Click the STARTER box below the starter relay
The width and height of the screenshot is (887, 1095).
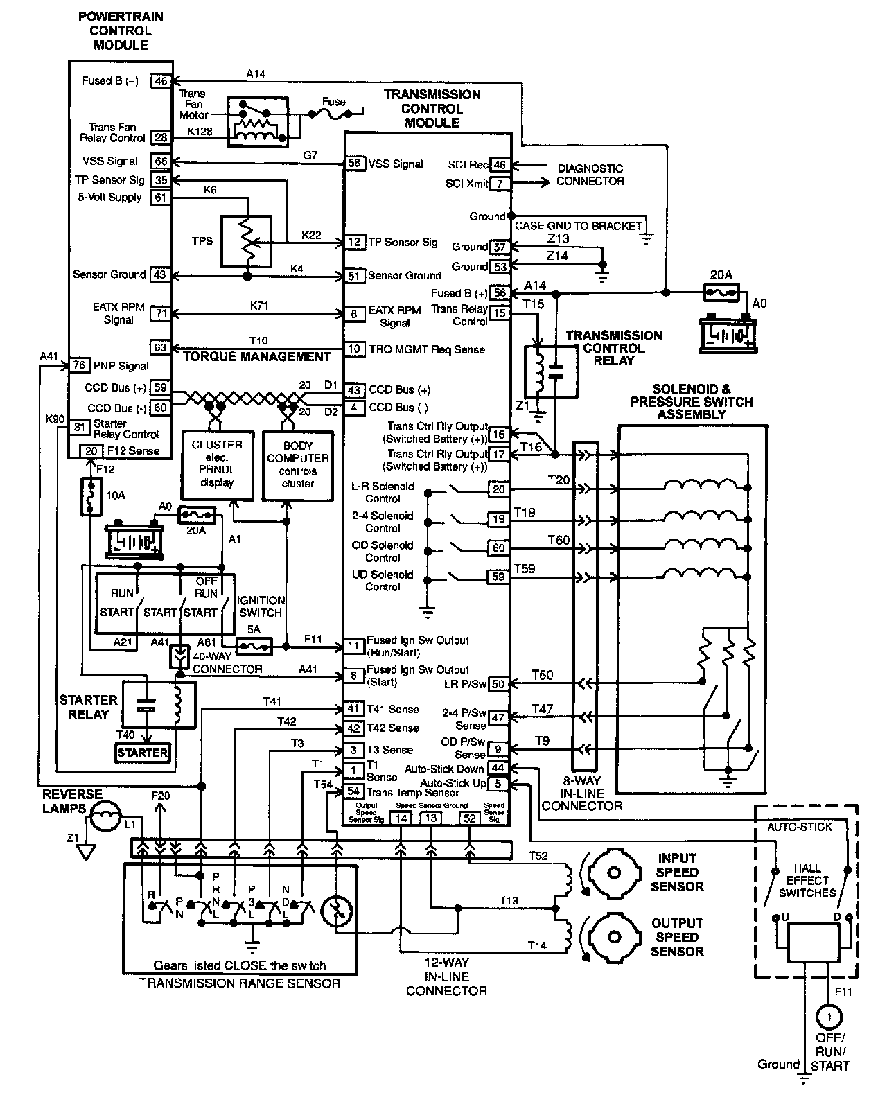pos(142,753)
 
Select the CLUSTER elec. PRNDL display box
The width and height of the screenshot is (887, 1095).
pos(216,464)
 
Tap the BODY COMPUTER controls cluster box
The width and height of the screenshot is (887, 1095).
pos(297,465)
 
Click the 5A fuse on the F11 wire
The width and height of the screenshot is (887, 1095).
pos(254,646)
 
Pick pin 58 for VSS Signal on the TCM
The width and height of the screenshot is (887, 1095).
pos(355,164)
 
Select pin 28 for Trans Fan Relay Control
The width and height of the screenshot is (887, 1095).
pos(161,137)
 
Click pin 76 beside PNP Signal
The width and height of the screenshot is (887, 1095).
pos(80,365)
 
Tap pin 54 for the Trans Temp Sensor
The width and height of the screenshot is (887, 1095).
pos(353,791)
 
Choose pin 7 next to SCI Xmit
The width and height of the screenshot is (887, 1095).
pos(500,184)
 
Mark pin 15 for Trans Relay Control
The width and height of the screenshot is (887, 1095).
pos(499,313)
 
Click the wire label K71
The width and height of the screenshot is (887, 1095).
pos(259,305)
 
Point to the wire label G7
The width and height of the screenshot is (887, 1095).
pos(310,156)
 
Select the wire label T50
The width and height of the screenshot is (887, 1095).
pos(542,675)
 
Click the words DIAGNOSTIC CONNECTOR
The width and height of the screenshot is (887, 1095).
pos(590,175)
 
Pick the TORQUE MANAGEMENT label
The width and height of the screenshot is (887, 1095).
pos(257,357)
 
